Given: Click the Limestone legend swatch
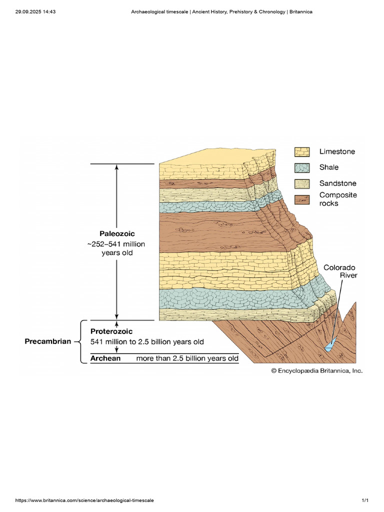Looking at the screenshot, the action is [302, 152].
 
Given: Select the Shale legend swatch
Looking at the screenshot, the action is [302, 168].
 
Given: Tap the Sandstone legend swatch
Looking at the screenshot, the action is [302, 184].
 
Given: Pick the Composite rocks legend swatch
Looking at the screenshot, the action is [302, 200].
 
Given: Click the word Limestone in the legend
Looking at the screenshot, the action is [337, 151].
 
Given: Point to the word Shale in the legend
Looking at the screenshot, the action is [329, 167].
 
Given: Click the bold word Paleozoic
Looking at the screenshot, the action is [117, 233].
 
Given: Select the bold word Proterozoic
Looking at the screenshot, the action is [111, 331].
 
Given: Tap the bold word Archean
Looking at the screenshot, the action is [105, 358].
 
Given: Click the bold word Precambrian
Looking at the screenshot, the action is [47, 341].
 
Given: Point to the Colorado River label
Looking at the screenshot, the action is [340, 271].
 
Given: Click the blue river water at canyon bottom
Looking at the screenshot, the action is [329, 347].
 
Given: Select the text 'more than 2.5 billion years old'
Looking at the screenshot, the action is [187, 358].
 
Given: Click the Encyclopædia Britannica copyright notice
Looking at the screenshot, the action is [316, 370].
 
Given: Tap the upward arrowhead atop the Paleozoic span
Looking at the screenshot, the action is [117, 167].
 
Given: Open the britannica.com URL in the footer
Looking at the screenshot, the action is [84, 500].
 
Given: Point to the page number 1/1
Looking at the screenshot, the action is [365, 500].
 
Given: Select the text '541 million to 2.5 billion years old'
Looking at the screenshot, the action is [147, 342].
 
